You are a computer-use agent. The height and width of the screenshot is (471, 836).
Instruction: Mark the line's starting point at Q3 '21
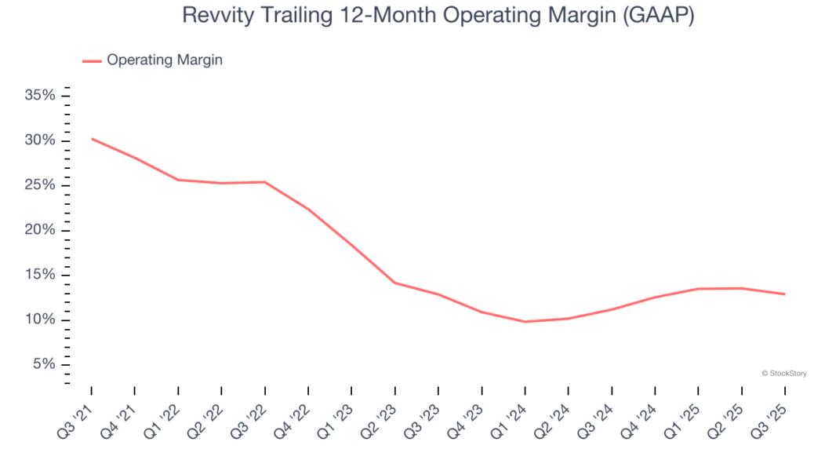click(92, 139)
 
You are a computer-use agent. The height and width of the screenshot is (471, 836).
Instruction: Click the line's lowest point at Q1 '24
click(525, 322)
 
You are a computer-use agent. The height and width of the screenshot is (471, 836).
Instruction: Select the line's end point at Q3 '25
click(784, 294)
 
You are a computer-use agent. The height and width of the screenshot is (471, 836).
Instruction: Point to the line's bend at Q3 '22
click(265, 182)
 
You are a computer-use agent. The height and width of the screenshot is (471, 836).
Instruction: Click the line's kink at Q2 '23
click(395, 283)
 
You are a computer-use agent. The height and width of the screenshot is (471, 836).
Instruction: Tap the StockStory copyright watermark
click(784, 374)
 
